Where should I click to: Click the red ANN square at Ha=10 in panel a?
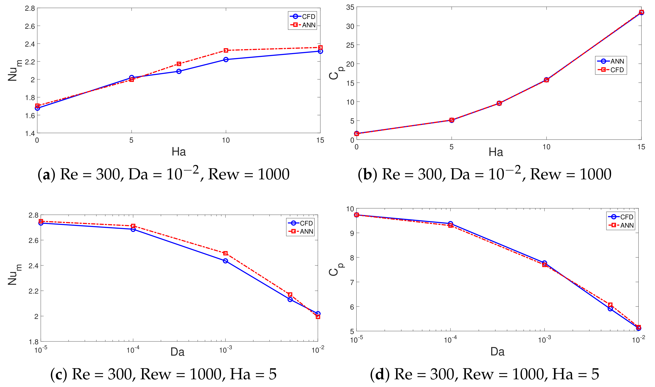[x=226, y=50]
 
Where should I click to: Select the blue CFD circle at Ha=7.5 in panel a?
[x=179, y=71]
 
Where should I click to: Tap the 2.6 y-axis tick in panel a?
[x=30, y=26]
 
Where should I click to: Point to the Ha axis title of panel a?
[x=179, y=152]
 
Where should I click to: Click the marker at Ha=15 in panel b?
[x=641, y=12]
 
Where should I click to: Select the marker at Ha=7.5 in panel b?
[x=499, y=103]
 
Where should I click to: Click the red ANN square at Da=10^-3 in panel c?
[x=225, y=253]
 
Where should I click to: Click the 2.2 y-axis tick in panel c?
[x=33, y=291]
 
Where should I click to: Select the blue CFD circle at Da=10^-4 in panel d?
[x=450, y=224]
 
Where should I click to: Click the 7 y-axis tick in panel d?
[x=352, y=282]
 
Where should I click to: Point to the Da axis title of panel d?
[x=497, y=352]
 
